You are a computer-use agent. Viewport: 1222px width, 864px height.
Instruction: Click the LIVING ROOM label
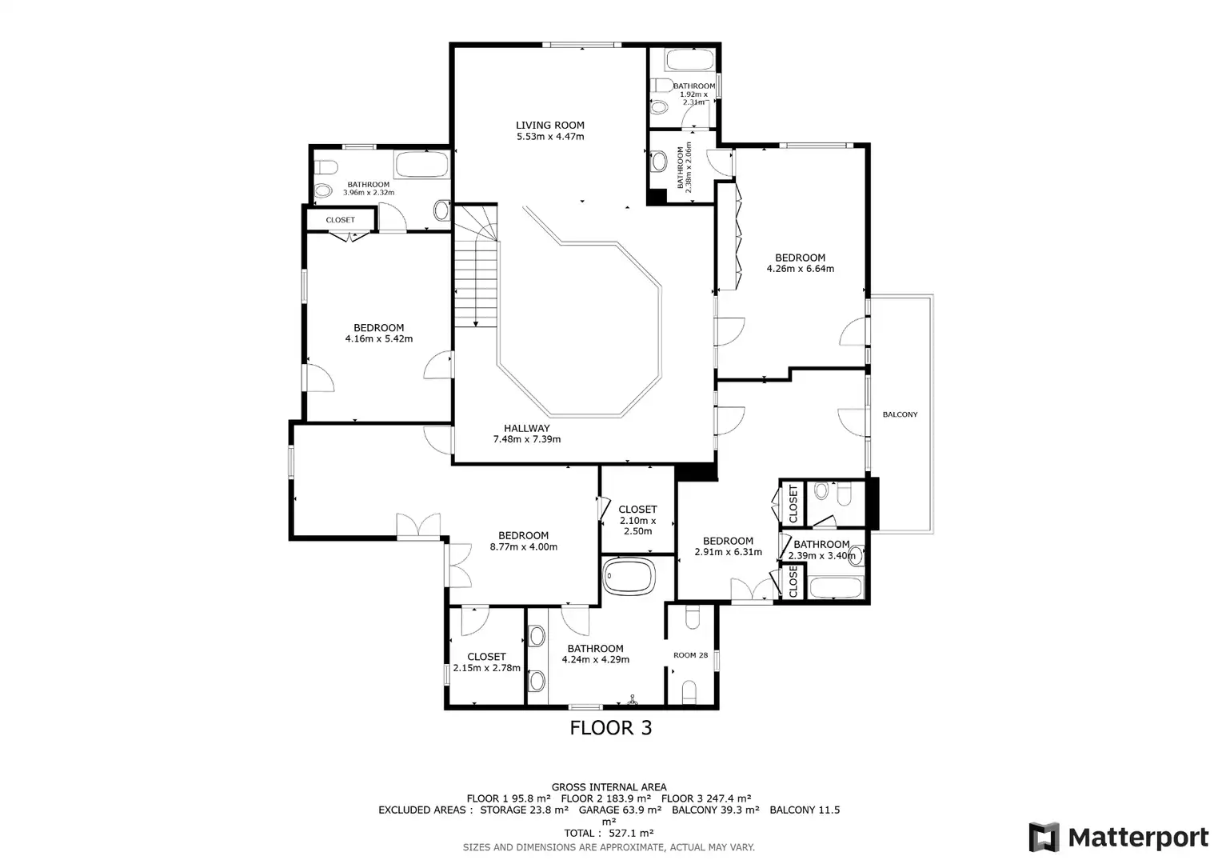tap(550, 125)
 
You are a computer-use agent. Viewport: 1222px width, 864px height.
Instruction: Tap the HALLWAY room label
tap(526, 429)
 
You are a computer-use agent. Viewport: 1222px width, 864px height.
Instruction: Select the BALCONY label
tap(901, 414)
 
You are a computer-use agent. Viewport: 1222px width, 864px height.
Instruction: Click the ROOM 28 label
tap(690, 655)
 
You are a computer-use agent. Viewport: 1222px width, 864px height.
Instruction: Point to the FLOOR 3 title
tap(611, 727)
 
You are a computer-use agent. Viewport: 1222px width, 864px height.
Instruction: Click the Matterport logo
tap(1119, 837)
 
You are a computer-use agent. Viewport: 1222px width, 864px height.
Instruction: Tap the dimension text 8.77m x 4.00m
tap(524, 547)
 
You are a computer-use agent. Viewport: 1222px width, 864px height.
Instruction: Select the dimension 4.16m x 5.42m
tap(378, 339)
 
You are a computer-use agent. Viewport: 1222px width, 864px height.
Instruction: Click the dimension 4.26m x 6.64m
tap(801, 269)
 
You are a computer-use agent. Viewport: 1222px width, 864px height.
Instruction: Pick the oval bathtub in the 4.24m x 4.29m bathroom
tap(629, 576)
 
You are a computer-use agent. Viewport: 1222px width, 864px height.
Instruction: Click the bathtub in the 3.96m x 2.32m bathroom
tap(421, 164)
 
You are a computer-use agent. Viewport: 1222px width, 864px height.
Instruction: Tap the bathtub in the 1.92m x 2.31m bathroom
tap(689, 60)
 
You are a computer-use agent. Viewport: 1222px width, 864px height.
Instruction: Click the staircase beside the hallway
tap(476, 266)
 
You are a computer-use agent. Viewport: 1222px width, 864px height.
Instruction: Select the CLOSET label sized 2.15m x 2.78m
tap(486, 657)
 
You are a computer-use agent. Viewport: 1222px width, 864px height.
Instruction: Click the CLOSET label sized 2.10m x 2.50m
tap(637, 510)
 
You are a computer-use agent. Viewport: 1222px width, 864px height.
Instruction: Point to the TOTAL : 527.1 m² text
tap(609, 833)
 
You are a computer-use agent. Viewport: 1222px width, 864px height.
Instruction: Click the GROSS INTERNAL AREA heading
tap(609, 787)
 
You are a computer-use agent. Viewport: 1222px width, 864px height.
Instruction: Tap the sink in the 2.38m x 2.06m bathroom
tap(658, 162)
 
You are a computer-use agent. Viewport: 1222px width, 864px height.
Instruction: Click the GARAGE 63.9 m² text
tap(621, 810)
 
